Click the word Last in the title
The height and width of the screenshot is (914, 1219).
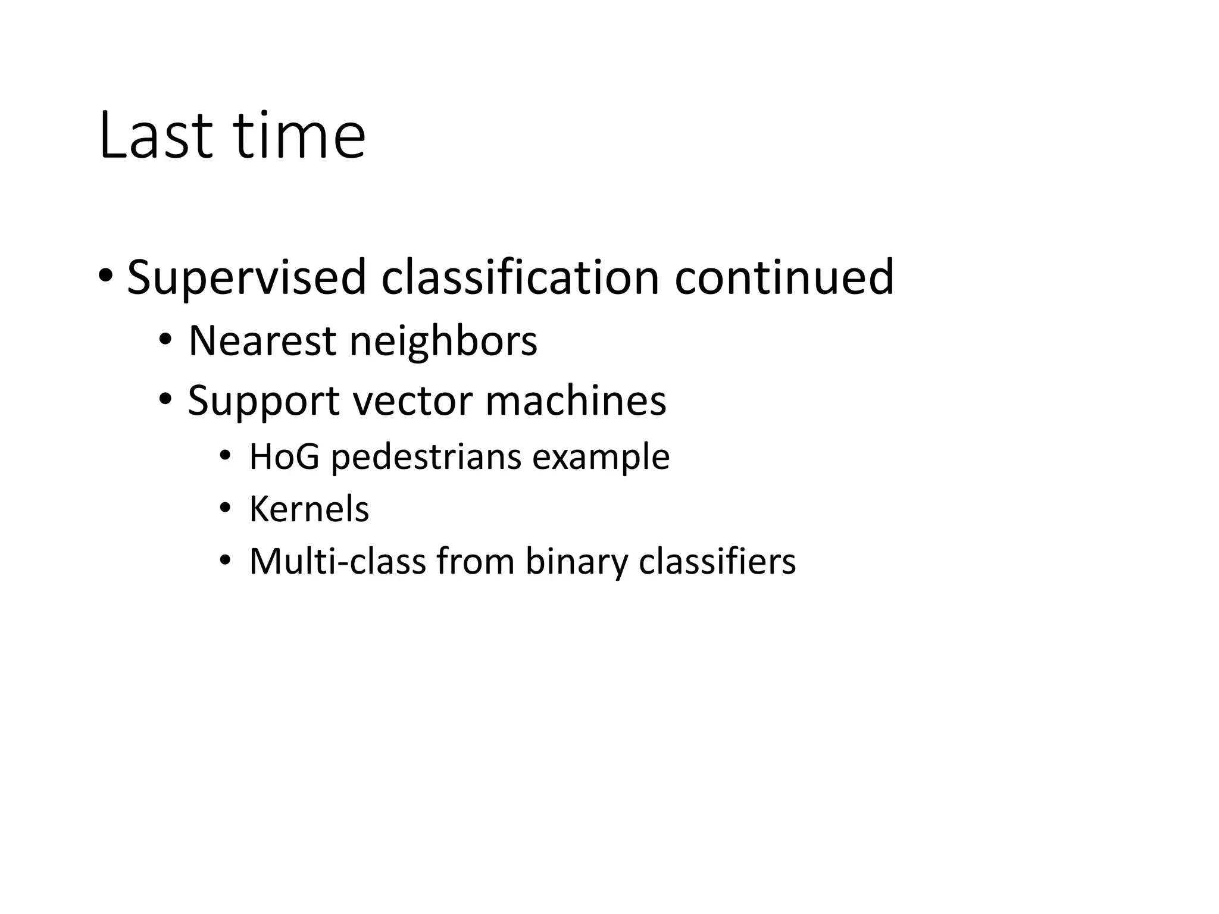(155, 136)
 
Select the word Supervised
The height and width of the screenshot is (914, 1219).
(246, 278)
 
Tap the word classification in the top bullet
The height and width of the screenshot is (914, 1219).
(520, 278)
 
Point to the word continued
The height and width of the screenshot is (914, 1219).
(784, 278)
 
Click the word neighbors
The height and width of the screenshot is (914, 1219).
(443, 341)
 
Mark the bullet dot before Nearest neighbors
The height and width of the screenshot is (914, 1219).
(165, 339)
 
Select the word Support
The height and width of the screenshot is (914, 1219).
(264, 400)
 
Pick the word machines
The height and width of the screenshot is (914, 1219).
(576, 400)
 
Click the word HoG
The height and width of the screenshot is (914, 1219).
(284, 457)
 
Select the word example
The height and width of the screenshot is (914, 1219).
(601, 457)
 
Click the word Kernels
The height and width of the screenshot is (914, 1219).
(309, 509)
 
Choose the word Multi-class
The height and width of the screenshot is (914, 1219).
(337, 561)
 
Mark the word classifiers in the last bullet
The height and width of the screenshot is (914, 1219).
(717, 561)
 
